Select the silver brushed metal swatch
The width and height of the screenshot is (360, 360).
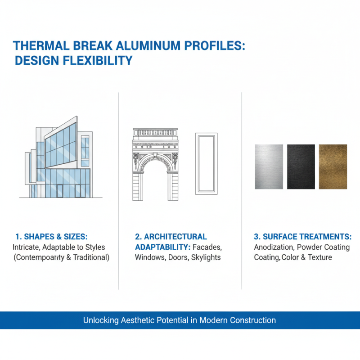pos(269,166)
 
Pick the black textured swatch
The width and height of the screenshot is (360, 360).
pos(301,166)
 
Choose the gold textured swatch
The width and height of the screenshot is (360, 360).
pos(333,166)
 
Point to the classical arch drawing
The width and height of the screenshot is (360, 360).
pos(155,164)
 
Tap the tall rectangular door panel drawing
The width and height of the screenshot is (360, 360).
pos(206,163)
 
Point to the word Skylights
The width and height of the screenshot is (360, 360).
pos(206,257)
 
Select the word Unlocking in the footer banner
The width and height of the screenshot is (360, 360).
pos(101,320)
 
